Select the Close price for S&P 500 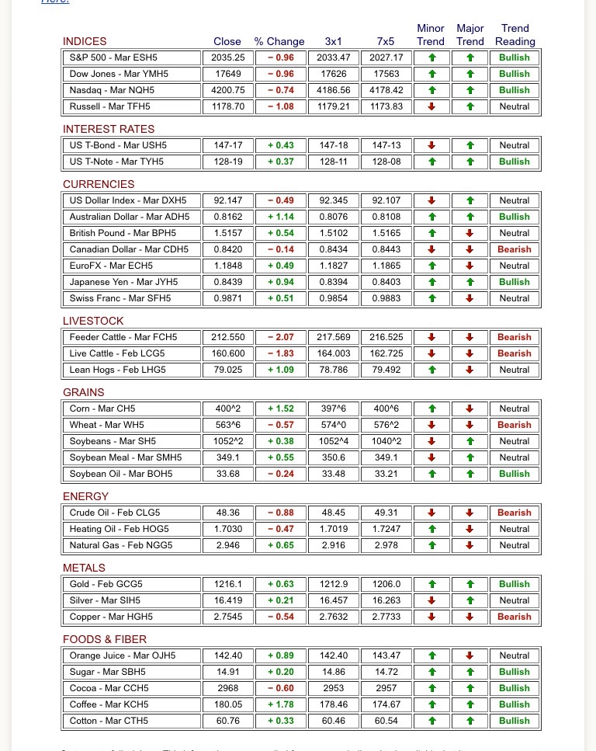(x=228, y=57)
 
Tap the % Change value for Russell (x=280, y=106)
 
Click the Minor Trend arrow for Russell (x=431, y=106)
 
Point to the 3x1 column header (x=333, y=41)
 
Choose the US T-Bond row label (x=118, y=145)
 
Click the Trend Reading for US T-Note (x=514, y=162)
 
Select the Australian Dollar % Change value (x=280, y=217)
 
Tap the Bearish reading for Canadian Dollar (x=514, y=249)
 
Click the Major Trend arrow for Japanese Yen (x=470, y=282)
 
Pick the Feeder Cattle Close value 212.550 (x=228, y=337)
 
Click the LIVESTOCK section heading (x=93, y=321)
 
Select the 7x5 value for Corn (x=387, y=409)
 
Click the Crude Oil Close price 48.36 (x=228, y=513)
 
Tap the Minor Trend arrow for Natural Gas (x=431, y=545)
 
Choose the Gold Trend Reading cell (x=514, y=584)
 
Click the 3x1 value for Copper (x=333, y=617)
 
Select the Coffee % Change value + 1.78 (x=280, y=704)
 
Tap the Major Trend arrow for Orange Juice (x=470, y=655)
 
